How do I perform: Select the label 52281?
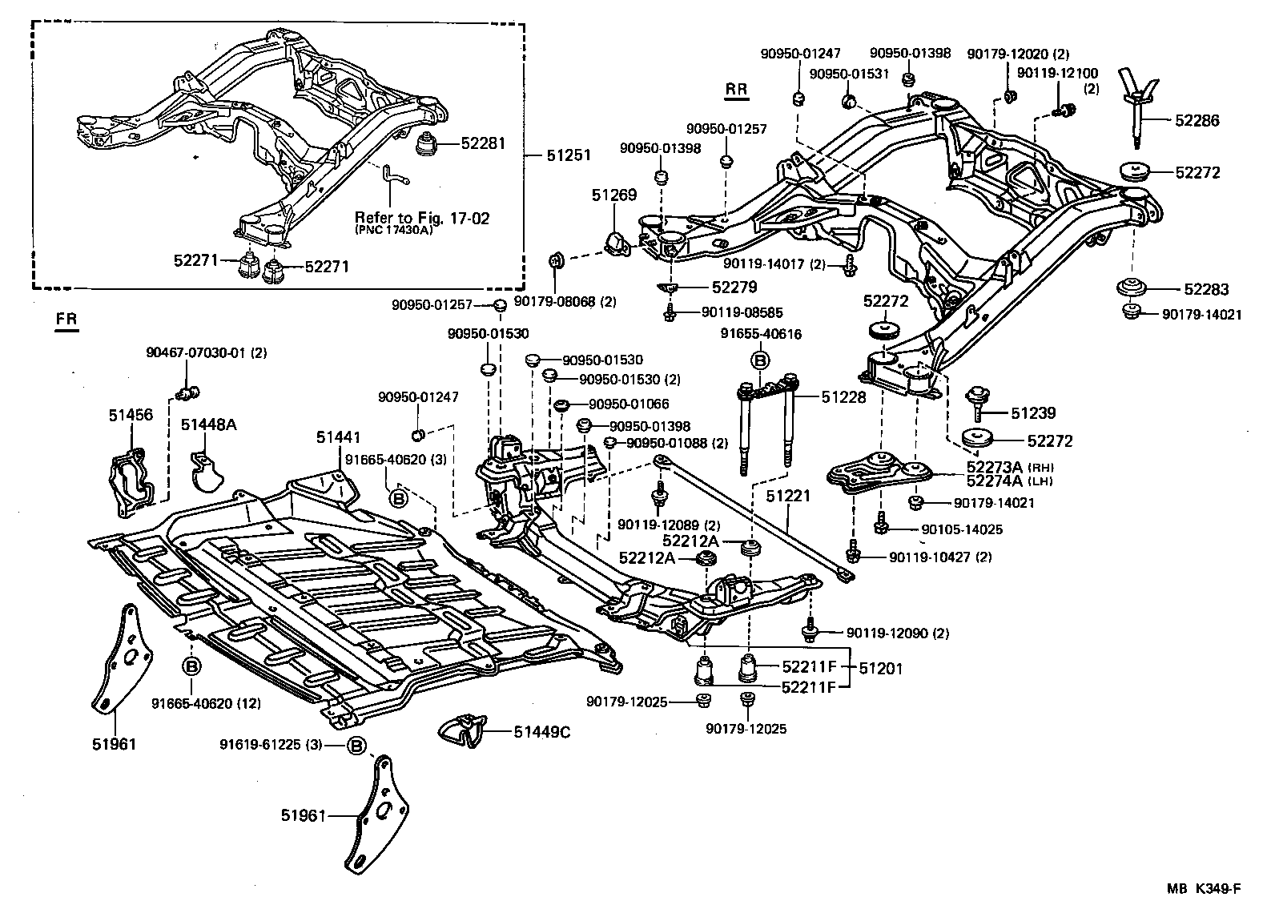[x=483, y=144]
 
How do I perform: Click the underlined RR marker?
[x=736, y=90]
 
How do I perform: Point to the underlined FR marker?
[x=67, y=318]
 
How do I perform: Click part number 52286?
[x=1197, y=121]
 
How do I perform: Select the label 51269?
[x=614, y=195]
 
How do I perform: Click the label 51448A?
[x=208, y=424]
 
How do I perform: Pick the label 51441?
[x=338, y=437]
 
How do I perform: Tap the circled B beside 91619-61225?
[x=356, y=746]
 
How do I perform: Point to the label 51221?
[x=788, y=497]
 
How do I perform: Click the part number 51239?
[x=1032, y=413]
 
